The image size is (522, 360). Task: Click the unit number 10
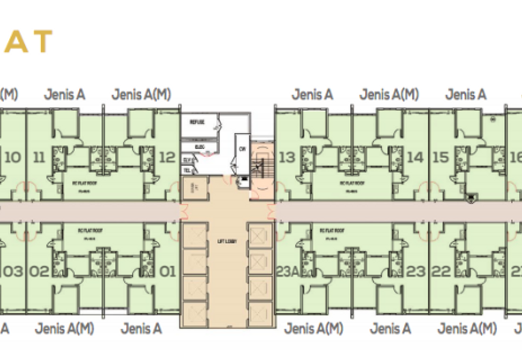[12, 157]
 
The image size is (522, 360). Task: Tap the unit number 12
[167, 157]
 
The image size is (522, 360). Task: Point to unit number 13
[286, 157]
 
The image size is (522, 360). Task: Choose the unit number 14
[415, 157]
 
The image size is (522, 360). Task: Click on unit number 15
[440, 157]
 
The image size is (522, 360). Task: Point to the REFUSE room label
[197, 122]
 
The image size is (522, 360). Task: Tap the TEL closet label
[187, 169]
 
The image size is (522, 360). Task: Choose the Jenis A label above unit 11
[65, 95]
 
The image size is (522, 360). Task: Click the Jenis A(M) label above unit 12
[141, 95]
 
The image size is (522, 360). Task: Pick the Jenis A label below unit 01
[141, 329]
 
